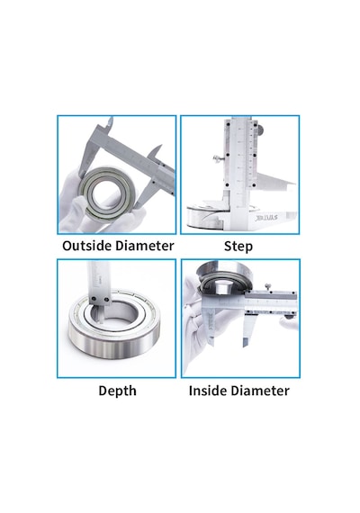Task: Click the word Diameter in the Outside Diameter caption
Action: pos(145,246)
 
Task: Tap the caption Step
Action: pos(238,247)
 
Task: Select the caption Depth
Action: pos(117,391)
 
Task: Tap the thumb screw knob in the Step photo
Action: pos(216,159)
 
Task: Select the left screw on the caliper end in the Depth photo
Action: pos(94,299)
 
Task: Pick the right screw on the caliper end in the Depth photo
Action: pos(106,299)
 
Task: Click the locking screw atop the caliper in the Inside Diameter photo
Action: pos(268,286)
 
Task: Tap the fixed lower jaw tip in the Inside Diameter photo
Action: pos(211,344)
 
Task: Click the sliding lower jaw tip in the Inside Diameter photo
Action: pos(245,346)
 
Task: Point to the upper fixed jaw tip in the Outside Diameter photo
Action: pos(111,119)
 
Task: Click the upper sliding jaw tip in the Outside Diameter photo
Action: pos(159,147)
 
